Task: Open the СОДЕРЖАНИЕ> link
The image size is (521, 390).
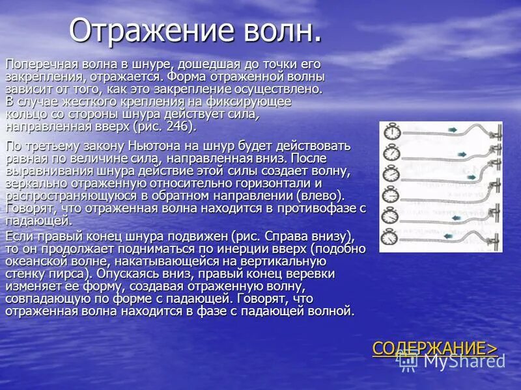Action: pos(434,348)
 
